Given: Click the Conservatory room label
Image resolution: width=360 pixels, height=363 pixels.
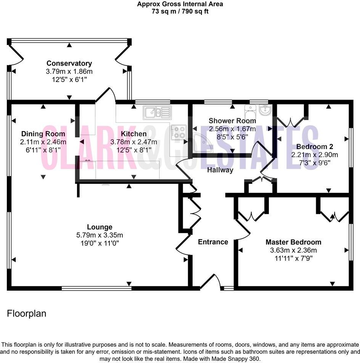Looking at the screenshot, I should point(69,63).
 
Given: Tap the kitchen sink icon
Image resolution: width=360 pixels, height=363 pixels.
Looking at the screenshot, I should point(157,112).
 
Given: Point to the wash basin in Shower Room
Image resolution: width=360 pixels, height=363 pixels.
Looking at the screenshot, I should point(264,111).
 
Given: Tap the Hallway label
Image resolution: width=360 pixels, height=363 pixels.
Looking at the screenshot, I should point(220,170).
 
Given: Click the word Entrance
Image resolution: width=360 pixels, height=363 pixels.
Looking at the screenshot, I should point(213,242).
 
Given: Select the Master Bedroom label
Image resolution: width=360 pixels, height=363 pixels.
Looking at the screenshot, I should point(293,242).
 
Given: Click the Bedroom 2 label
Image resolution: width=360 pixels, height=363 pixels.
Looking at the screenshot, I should point(312,147).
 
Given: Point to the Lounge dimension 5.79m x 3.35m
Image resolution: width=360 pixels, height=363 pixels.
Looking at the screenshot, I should point(99,235).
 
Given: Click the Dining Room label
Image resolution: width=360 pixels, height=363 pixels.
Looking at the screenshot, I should point(43,134).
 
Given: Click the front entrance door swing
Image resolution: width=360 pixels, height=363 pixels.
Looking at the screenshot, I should point(211,281).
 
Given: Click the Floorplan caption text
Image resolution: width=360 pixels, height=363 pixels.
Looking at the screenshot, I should point(27,313).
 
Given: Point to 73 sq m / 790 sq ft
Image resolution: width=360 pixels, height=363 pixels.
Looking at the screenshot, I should point(180,11).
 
